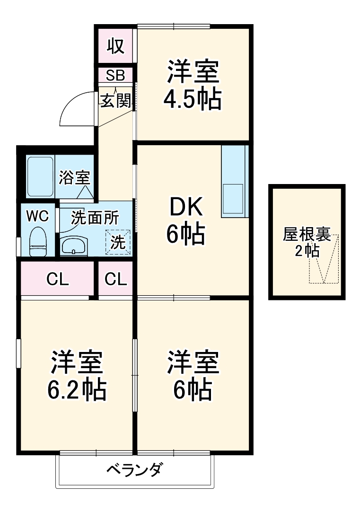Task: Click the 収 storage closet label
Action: point(115,46)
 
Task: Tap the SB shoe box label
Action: point(115,75)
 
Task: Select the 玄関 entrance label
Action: point(115,100)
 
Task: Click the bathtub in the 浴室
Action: point(40,176)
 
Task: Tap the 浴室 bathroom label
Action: point(74,178)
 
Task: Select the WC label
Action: point(37,216)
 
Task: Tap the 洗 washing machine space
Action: point(118,242)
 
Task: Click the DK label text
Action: point(186,207)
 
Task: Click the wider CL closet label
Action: point(58,280)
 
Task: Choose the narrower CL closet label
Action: point(116,280)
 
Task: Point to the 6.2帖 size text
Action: point(76,390)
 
